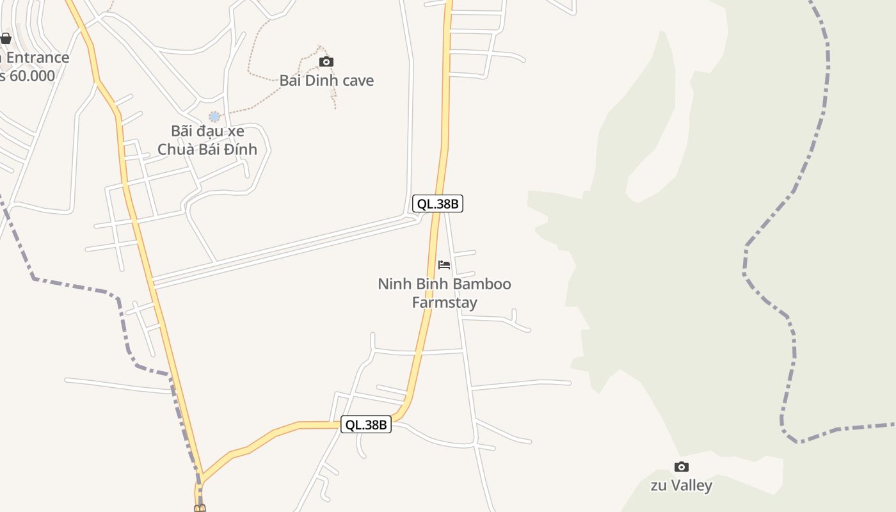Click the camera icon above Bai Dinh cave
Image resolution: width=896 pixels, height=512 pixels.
pos(326,61)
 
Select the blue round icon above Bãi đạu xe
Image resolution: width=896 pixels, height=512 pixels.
pos(214,116)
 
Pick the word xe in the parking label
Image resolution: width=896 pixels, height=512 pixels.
pos(236,131)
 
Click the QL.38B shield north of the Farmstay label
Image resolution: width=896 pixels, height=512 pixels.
pos(437,204)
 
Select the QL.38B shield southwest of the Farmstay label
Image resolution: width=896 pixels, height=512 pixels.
pos(365,424)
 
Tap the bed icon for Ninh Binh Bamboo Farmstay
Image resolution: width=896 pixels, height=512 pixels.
pos(444,264)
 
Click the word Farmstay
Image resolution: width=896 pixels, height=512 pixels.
pos(444,302)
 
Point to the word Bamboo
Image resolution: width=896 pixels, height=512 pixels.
pos(482,284)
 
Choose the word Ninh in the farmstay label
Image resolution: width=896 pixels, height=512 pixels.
pos(393,284)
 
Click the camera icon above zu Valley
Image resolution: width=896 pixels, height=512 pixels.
pos(682,467)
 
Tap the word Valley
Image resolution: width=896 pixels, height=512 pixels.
pos(691,485)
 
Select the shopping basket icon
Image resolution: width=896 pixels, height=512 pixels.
pos(6,38)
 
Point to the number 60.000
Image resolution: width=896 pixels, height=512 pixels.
pos(31,76)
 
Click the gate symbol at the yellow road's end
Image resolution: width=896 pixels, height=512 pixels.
pos(200,508)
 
